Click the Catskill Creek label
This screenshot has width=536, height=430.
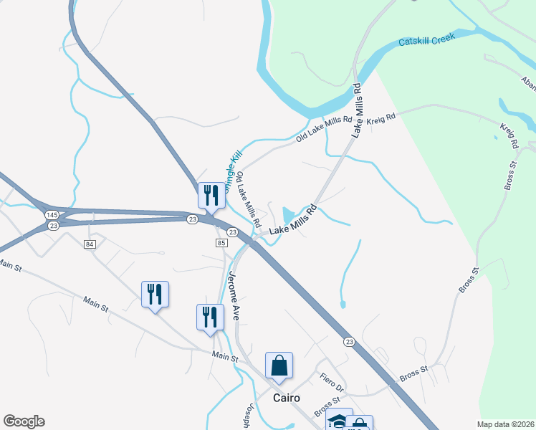(x=426, y=42)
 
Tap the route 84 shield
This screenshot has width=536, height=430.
(x=90, y=244)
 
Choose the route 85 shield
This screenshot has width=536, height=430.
(x=221, y=244)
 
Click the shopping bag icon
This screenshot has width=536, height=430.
(x=279, y=365)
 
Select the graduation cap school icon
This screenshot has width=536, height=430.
(x=338, y=421)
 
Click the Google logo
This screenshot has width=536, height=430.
(x=24, y=421)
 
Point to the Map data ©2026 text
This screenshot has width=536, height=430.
(x=505, y=424)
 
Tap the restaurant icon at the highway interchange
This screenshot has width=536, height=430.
(x=211, y=195)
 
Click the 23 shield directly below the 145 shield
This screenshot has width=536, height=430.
(x=54, y=226)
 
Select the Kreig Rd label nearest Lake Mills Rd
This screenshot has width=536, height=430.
(x=381, y=118)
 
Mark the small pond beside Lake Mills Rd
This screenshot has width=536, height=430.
(x=289, y=214)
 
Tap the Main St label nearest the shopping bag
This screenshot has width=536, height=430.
(x=225, y=355)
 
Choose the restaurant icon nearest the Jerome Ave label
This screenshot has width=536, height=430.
(x=210, y=317)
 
